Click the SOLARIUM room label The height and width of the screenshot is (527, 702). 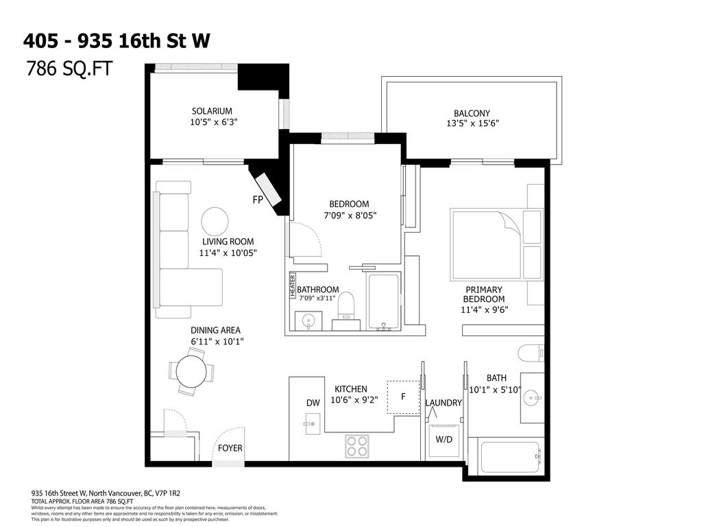tap(212, 111)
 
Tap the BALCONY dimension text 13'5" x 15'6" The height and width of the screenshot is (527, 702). tap(472, 124)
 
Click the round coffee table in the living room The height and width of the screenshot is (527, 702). tap(215, 221)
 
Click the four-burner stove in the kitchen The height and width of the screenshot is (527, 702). tap(356, 446)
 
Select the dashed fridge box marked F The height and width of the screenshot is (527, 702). tap(403, 397)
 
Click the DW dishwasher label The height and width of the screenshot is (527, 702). tap(313, 403)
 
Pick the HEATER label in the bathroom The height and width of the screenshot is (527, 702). tap(291, 285)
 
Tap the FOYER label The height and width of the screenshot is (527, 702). tap(230, 448)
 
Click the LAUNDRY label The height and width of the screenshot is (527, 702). tap(444, 403)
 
